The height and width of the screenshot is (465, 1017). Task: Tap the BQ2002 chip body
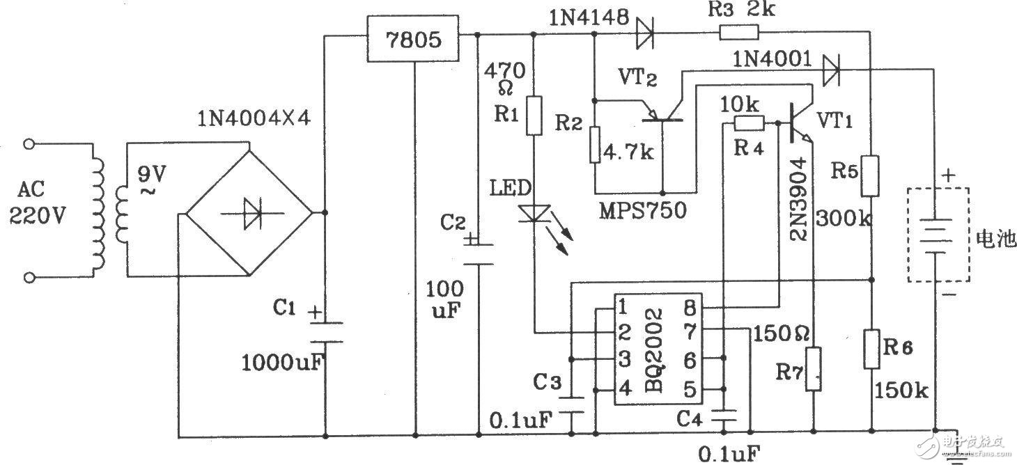[658, 349]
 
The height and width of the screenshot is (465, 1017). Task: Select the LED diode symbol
[534, 213]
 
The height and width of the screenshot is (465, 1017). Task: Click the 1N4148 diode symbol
[644, 33]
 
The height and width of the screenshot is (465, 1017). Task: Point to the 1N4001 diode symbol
[830, 70]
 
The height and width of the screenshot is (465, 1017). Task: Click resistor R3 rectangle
[740, 33]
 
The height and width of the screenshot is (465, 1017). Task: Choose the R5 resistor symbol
[871, 176]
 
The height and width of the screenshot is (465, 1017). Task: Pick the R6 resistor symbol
[871, 349]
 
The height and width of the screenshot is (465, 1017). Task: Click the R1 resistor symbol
[534, 115]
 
